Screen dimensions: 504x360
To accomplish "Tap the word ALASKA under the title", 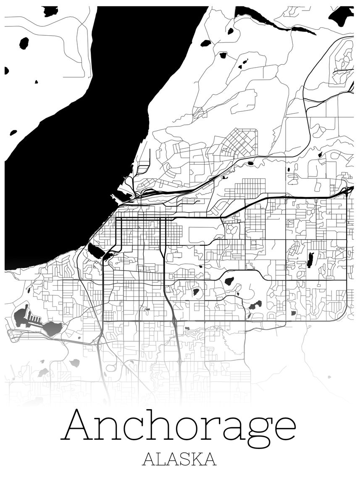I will tap(179, 459).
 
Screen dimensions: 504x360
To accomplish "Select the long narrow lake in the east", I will tap(310, 260).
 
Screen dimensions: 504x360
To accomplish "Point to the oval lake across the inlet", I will tap(24, 43).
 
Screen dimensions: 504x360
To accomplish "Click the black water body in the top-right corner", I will tap(341, 16).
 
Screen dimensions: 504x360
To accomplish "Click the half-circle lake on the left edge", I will tap(6, 71).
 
